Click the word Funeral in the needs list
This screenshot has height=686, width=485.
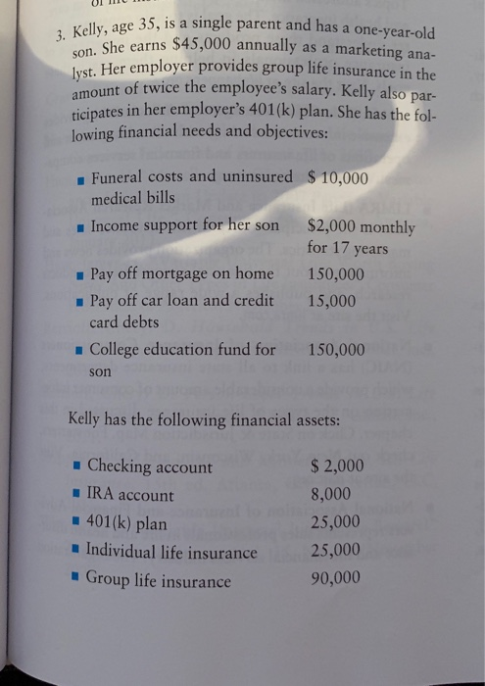[120, 176]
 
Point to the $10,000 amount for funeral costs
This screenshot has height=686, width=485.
[337, 178]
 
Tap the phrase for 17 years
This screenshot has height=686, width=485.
[347, 249]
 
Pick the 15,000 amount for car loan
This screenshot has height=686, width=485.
[331, 301]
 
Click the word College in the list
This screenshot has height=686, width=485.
[119, 349]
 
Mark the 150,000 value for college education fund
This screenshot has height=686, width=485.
[336, 350]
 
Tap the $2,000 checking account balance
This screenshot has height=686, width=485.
[336, 466]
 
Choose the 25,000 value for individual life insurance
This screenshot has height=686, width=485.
[334, 550]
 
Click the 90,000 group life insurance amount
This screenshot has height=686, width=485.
[334, 577]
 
